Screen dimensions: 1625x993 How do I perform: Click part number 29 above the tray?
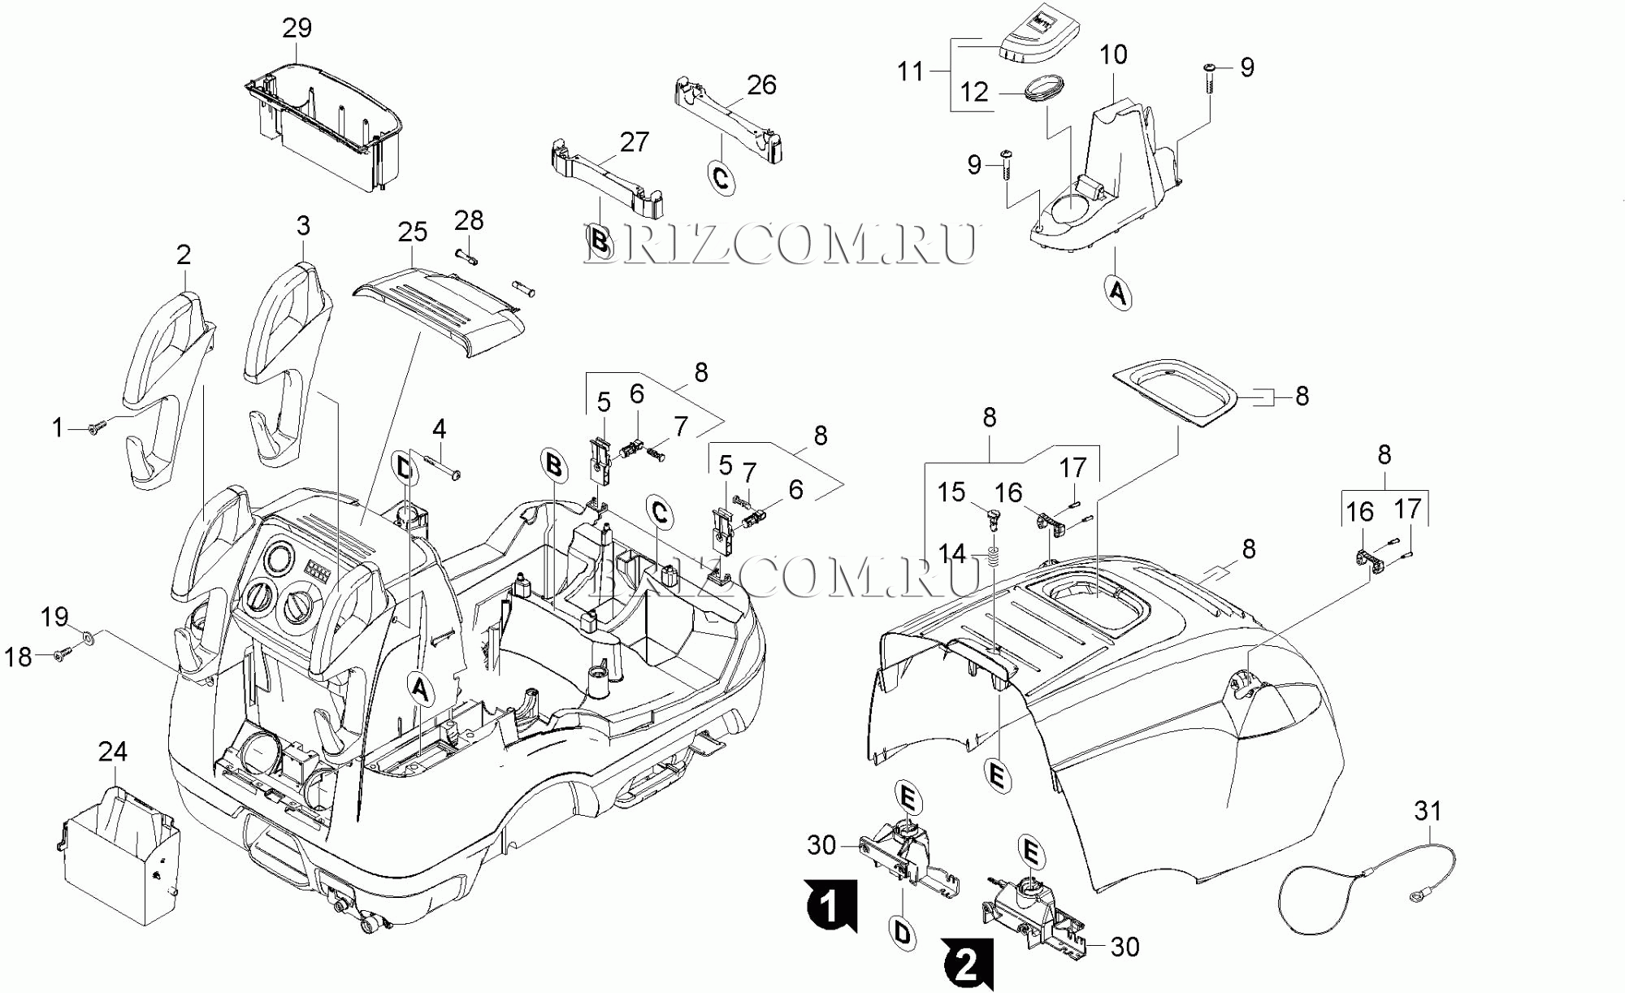(297, 28)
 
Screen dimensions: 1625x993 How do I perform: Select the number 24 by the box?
(113, 752)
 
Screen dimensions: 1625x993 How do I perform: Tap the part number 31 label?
(1428, 811)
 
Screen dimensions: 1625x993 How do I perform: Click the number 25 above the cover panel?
(413, 232)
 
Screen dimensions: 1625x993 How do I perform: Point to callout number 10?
(1113, 54)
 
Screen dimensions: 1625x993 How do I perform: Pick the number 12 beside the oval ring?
(974, 92)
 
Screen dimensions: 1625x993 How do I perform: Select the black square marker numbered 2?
(968, 965)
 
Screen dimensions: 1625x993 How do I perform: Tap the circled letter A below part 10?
(1119, 292)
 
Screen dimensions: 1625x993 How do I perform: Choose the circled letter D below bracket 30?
(903, 933)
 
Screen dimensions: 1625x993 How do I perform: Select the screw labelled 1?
(97, 428)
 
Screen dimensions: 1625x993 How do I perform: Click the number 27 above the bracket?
(635, 142)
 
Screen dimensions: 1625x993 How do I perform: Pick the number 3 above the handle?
(303, 226)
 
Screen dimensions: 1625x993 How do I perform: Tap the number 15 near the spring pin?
(951, 492)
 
